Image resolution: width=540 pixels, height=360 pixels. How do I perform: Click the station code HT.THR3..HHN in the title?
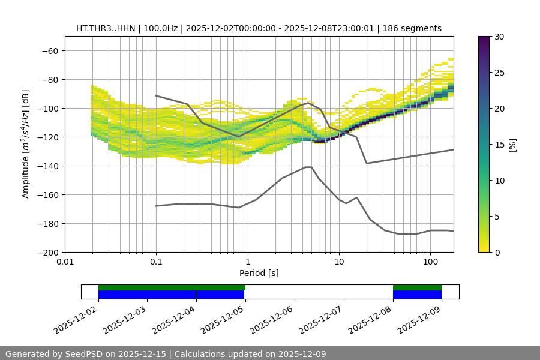pos(106,28)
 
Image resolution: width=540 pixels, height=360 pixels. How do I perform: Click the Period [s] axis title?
pos(259,273)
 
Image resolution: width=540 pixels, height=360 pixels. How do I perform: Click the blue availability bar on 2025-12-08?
pos(417,295)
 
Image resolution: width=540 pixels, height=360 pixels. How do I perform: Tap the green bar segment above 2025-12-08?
pos(417,287)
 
